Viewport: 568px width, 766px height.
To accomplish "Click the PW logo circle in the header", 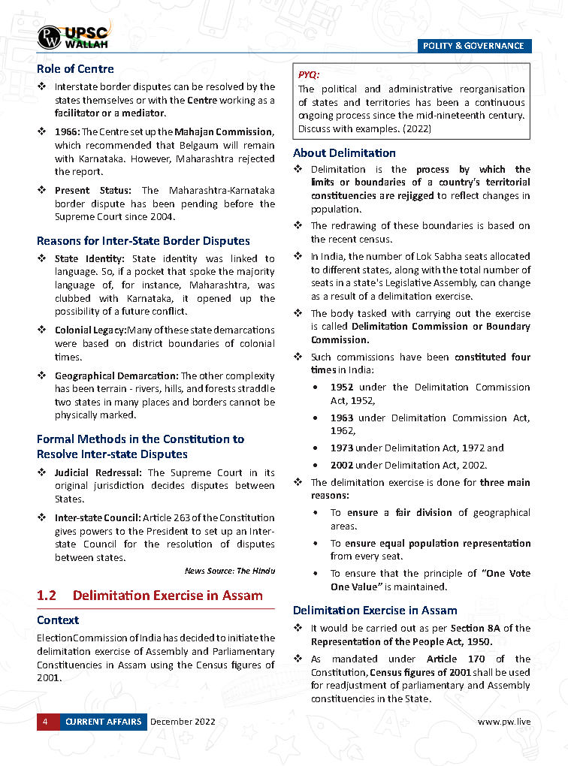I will pos(51,36).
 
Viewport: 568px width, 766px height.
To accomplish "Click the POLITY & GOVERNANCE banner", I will pos(473,46).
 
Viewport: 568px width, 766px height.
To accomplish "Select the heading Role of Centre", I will pos(75,69).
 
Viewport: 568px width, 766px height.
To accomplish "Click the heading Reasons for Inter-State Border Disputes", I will pos(144,241).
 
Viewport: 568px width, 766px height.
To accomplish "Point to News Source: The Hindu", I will pos(230,571).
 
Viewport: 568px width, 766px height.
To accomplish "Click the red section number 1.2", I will pos(47,596).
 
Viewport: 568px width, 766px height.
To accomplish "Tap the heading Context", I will pos(58,620).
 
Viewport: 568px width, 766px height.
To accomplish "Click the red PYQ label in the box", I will pos(309,74).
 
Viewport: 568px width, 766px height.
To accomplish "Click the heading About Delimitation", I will pos(344,153).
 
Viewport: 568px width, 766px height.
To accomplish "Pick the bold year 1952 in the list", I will pos(342,388).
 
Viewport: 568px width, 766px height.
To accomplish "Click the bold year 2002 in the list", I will pos(342,466).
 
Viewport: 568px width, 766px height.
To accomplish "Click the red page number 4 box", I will pos(45,722).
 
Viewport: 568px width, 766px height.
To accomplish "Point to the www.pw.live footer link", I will pos(504,722).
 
